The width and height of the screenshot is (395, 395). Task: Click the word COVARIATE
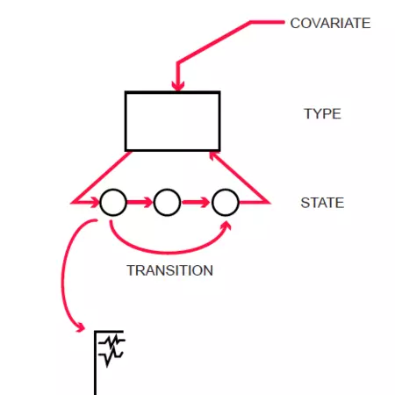pos(330,23)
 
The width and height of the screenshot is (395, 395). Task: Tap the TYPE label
pos(322,113)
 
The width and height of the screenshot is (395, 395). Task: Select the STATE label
pos(322,203)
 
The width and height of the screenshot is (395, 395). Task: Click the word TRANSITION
pos(169,270)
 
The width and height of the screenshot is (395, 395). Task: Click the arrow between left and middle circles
pos(140,202)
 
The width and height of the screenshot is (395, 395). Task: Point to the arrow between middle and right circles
pos(196,202)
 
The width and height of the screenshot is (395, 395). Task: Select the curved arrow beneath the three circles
pos(169,252)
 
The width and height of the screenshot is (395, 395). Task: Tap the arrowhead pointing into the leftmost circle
pos(96,202)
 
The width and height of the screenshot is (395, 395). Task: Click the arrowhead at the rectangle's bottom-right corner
pos(213,156)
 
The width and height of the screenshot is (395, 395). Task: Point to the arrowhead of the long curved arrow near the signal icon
pos(80,327)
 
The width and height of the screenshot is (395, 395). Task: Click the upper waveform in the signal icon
pos(111,341)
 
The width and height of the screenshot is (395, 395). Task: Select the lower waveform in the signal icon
pos(111,357)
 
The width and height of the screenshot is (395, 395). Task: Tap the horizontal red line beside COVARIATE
pos(268,22)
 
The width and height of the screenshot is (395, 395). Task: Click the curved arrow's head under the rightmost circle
pos(226,226)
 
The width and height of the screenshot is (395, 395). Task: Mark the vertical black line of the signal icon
pos(95,363)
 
